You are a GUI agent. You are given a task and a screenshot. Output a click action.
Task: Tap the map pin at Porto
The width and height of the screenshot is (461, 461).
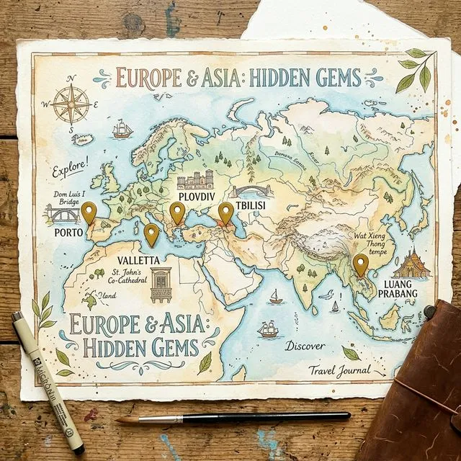coord(89,212)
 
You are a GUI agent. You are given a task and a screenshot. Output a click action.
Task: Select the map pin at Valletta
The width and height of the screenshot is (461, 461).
coord(151,234)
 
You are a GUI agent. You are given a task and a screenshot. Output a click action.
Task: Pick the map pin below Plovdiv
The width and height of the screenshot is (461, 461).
coord(177,212)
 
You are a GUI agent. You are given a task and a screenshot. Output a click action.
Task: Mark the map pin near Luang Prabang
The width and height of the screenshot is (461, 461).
coord(360,265)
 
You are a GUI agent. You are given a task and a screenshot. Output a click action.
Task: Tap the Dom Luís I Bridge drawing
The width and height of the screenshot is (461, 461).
coord(62,214)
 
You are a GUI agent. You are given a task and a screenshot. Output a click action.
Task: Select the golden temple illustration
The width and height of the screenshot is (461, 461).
coord(411,264)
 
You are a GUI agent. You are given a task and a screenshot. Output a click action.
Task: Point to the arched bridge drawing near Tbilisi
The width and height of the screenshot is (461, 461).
coord(250,191)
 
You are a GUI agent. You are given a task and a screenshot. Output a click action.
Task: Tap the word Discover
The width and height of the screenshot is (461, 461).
coord(304,346)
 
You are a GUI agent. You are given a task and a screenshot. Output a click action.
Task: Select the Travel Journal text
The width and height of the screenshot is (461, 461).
coord(339,371)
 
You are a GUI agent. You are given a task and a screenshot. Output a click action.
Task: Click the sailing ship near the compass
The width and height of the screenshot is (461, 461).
coord(122,129)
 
